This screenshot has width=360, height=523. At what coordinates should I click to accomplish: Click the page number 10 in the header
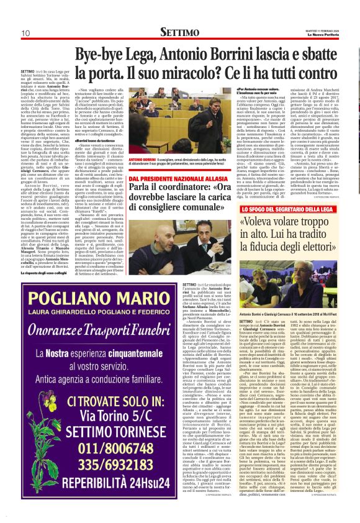coord(26,32)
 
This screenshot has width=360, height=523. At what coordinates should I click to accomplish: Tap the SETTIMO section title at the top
coord(179,31)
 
